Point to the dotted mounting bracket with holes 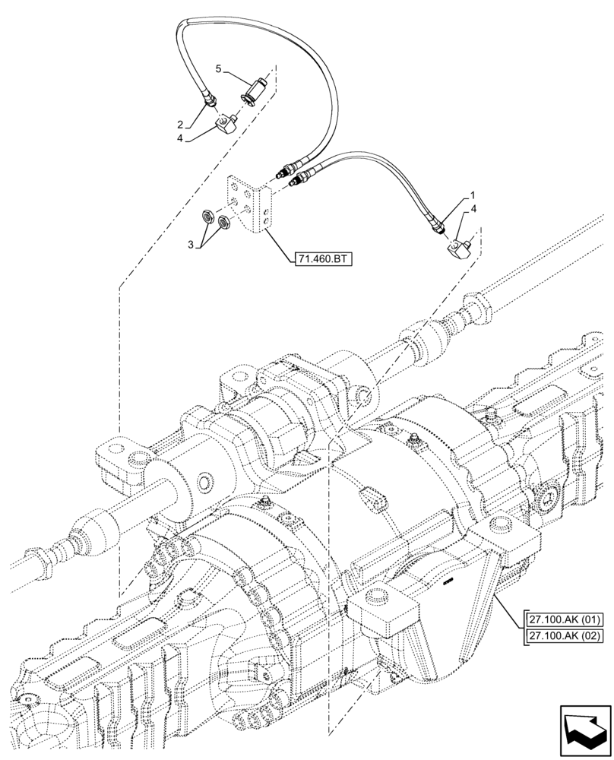[x=249, y=203]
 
